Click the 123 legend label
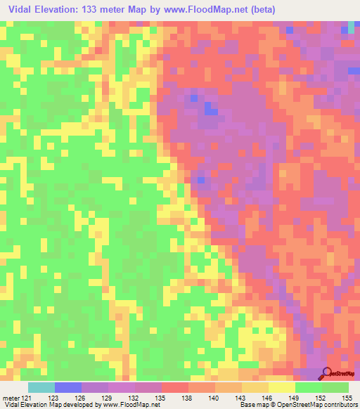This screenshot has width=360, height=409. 52,398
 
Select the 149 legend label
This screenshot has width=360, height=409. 295,398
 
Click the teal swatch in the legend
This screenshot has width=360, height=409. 41,387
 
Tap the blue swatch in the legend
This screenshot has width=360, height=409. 67,387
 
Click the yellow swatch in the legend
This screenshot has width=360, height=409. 281,387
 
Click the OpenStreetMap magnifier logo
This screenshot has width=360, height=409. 326,373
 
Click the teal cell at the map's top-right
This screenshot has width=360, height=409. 352,27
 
